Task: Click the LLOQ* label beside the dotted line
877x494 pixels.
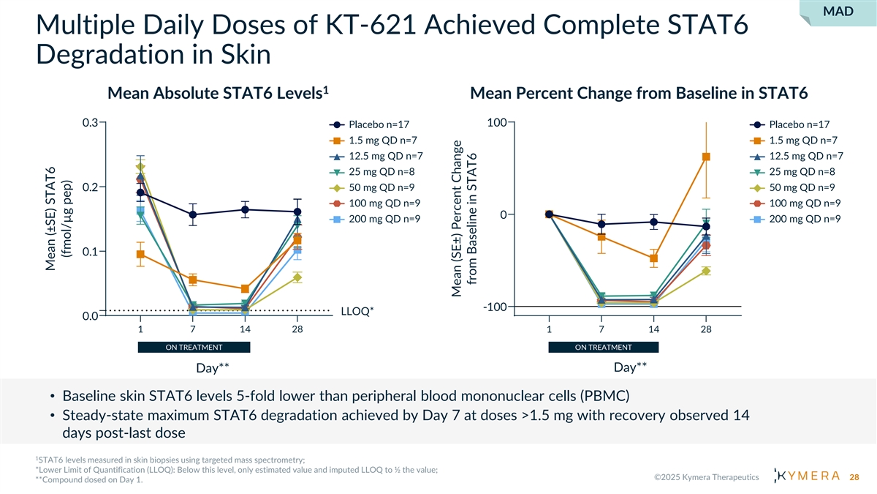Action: tap(357, 312)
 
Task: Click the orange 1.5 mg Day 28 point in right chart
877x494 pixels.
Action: tap(706, 157)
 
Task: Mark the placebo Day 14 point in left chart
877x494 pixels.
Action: tap(245, 210)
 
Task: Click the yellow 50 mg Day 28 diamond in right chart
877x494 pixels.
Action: tap(706, 271)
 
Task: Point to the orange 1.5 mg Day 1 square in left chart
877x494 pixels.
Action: tap(140, 255)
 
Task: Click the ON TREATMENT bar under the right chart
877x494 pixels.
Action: tap(603, 347)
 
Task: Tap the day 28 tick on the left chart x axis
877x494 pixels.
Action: tap(297, 330)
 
